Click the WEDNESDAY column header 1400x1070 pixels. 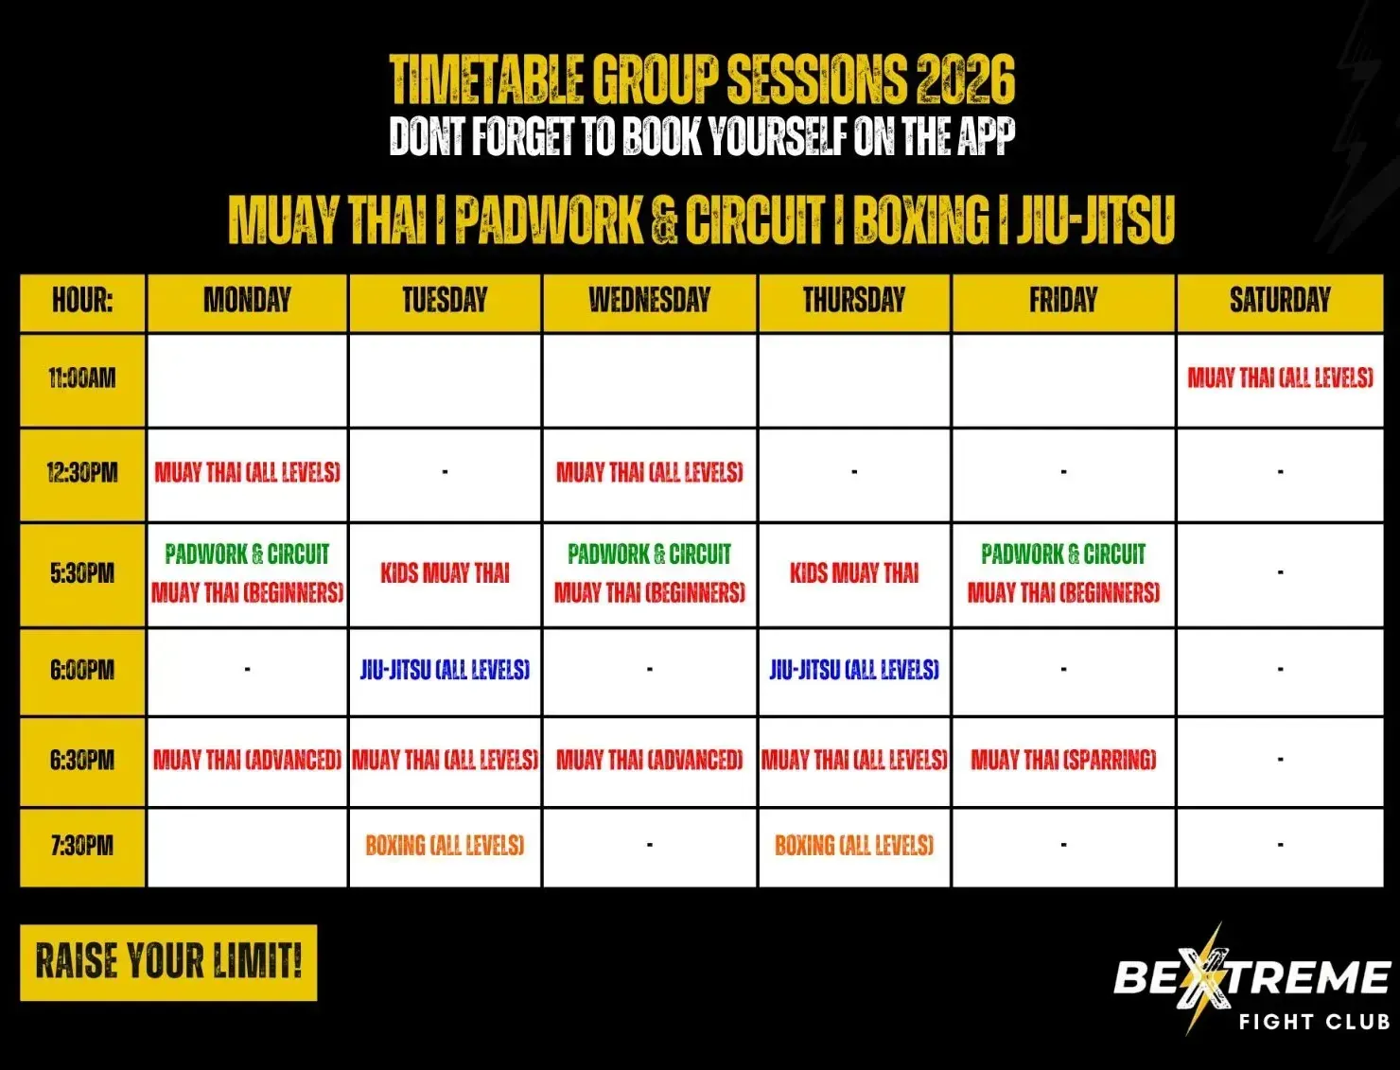point(649,300)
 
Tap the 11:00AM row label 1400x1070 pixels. point(82,378)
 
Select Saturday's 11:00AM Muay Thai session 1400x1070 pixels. point(1280,377)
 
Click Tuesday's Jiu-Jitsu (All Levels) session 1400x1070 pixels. point(445,670)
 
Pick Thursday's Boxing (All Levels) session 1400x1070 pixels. point(854,846)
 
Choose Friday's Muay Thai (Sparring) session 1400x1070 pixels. point(1063,760)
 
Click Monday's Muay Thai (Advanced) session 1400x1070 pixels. point(248,760)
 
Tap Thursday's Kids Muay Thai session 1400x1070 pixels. point(854,573)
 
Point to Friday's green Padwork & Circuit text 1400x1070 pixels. point(1063,553)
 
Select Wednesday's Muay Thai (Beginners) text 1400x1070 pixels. point(649,593)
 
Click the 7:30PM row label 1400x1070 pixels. point(82,846)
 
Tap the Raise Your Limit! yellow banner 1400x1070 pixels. point(168,963)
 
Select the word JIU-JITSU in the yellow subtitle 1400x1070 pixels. point(1095,220)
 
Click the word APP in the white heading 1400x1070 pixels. point(986,136)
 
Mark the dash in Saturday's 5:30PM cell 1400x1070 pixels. point(1280,572)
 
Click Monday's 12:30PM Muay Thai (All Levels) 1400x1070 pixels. point(248,472)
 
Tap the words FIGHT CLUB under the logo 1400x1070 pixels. point(1314,1022)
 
